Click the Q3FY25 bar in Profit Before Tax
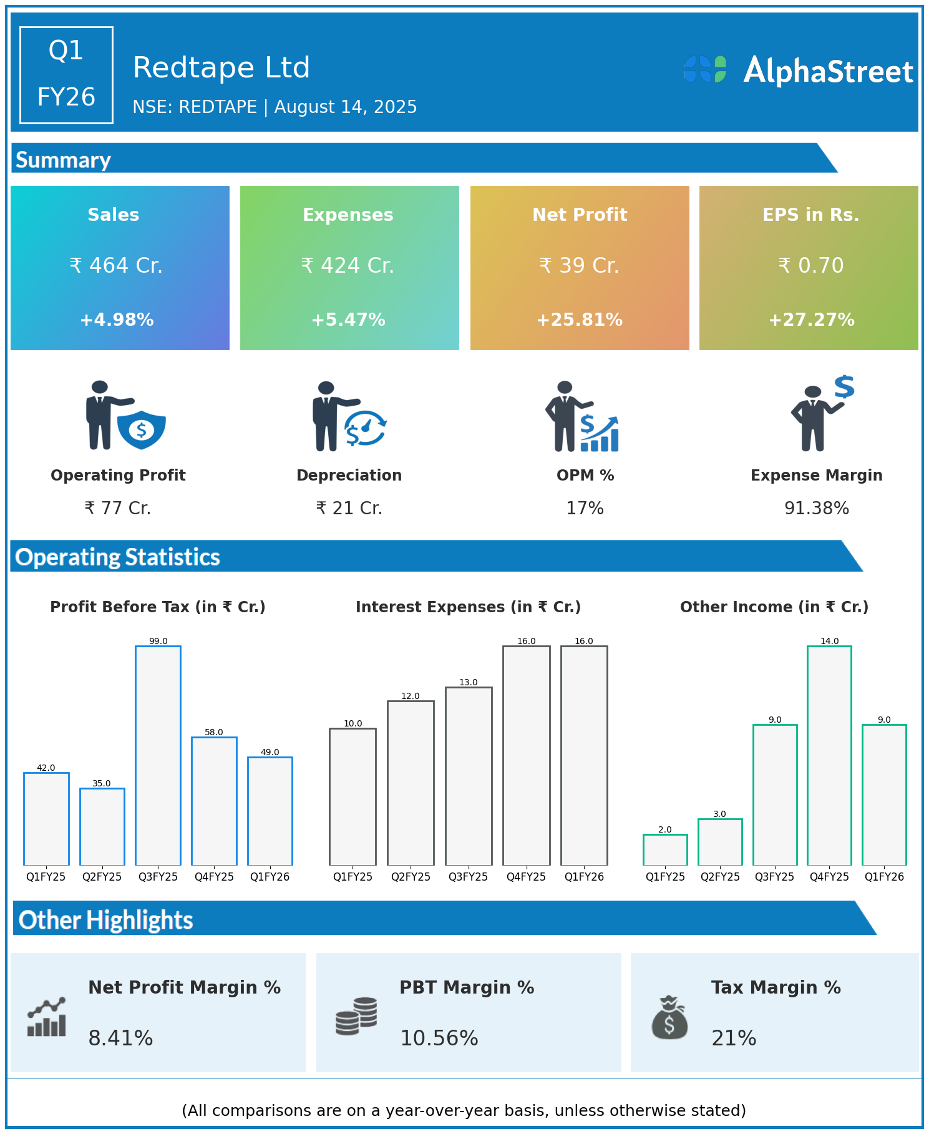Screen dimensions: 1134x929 (x=158, y=755)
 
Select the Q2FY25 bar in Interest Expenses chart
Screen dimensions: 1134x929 (x=411, y=783)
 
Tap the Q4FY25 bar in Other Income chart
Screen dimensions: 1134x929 (x=829, y=755)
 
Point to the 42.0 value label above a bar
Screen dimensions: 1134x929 (x=46, y=768)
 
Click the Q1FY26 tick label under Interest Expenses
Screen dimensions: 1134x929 (x=584, y=877)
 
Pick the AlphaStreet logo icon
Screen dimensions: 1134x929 (x=705, y=69)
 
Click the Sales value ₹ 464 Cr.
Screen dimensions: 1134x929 (x=116, y=265)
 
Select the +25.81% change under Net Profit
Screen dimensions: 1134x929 (x=580, y=320)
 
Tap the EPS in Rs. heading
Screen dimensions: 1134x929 (x=810, y=215)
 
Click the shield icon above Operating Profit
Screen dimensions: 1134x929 (x=142, y=429)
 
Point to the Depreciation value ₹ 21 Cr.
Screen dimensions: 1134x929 (x=349, y=508)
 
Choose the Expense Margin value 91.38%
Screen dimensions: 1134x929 (x=816, y=508)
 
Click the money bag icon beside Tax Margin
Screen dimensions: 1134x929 (x=669, y=1017)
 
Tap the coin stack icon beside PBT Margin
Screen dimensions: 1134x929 (x=356, y=1016)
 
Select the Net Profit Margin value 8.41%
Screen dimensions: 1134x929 (x=120, y=1038)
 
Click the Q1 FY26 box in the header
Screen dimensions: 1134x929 (x=66, y=75)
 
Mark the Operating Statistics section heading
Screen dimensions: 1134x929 (x=118, y=557)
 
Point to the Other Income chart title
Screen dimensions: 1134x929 (x=774, y=607)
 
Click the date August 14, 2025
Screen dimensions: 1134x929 (x=346, y=107)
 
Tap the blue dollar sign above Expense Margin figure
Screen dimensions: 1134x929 (x=844, y=387)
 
